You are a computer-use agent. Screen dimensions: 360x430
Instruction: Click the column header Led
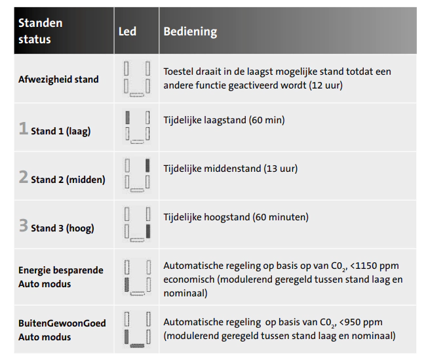click(x=127, y=31)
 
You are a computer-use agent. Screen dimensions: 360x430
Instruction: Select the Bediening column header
click(x=190, y=31)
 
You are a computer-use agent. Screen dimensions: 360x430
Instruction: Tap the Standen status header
click(x=41, y=31)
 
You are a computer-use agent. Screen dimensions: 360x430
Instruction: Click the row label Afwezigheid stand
click(x=58, y=79)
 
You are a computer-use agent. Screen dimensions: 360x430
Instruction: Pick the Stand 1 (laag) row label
click(x=60, y=131)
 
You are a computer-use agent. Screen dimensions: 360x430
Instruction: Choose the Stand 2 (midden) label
click(x=68, y=180)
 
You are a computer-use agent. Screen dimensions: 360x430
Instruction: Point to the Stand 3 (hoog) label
click(x=62, y=228)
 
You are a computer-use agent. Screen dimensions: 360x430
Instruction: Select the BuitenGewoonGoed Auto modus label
click(x=62, y=330)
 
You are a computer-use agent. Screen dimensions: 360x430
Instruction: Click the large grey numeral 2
click(x=24, y=177)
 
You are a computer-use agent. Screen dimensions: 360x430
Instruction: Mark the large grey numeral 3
click(x=24, y=226)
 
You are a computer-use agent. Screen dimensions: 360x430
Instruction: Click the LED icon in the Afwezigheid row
click(x=137, y=79)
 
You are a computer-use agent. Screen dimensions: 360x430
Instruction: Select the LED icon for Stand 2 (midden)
click(x=137, y=175)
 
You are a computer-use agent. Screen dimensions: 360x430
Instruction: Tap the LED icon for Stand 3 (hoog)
click(x=137, y=224)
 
